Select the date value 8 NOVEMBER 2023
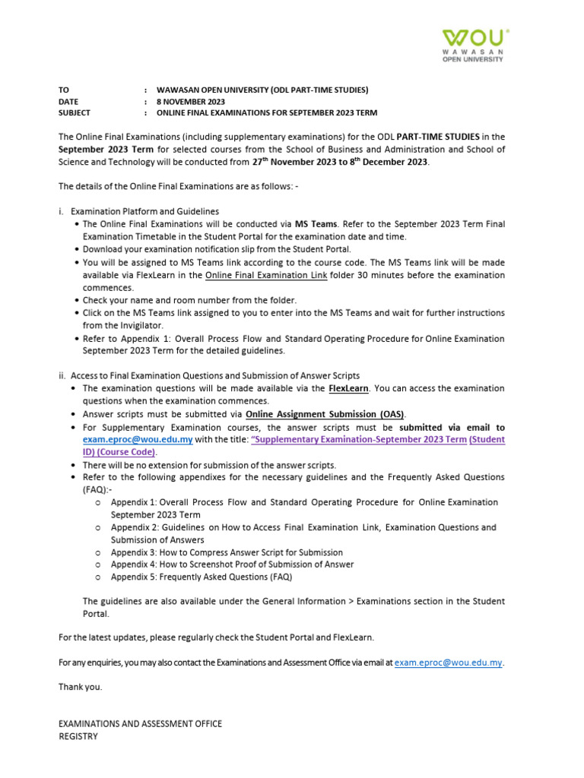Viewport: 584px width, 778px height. (x=191, y=101)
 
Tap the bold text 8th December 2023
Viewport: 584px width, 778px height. (x=389, y=161)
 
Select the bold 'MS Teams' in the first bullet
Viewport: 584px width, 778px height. (x=315, y=224)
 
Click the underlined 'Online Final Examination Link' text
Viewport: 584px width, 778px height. (x=266, y=275)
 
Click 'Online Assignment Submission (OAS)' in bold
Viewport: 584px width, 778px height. (x=325, y=414)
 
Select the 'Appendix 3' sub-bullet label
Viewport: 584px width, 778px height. (x=133, y=552)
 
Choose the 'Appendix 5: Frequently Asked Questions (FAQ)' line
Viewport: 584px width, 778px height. (x=202, y=577)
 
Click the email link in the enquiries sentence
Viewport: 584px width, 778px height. (x=449, y=663)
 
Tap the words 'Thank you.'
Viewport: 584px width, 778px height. (x=80, y=687)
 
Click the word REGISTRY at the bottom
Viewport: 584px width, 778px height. (x=78, y=736)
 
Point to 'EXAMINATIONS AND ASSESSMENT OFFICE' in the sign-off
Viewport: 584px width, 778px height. (x=140, y=723)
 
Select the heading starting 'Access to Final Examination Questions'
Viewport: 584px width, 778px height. (x=214, y=375)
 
